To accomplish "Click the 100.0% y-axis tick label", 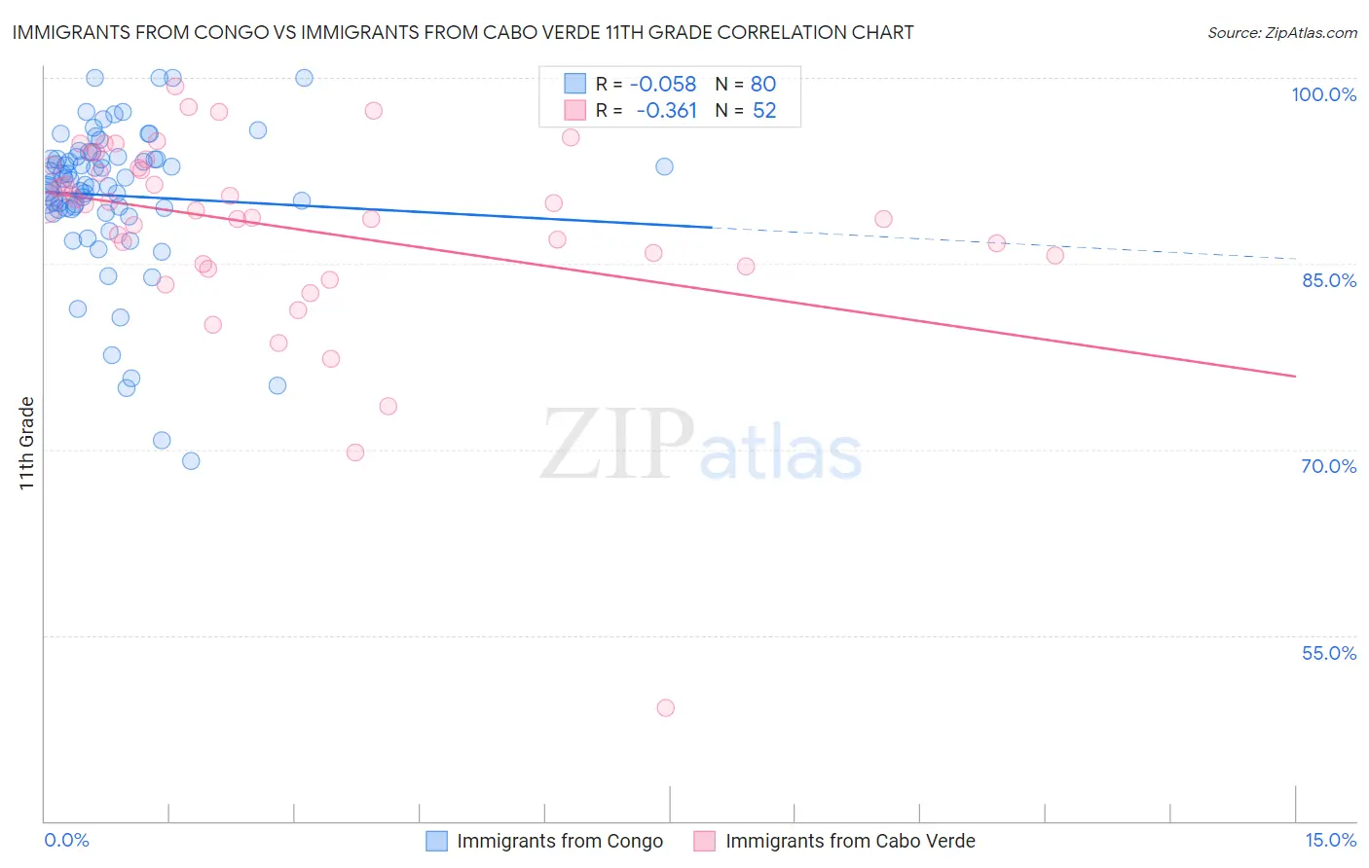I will coord(1323,94).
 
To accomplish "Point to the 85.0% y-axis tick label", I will coord(1328,280).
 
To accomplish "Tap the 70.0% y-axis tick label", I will coord(1328,466).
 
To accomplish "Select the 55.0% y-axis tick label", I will coord(1328,653).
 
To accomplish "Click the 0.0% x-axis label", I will coord(66,840).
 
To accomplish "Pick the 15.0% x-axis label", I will coord(1330,840).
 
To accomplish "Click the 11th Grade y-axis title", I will coord(26,443).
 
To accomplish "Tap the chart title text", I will coord(462,32).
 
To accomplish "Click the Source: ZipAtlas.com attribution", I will coord(1281,32).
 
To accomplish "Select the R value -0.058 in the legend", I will coord(662,85).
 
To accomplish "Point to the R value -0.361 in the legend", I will coord(666,111).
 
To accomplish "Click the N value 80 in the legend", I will coord(763,85).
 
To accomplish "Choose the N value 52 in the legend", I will coord(764,111).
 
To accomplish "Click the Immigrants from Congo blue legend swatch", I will coord(437,841).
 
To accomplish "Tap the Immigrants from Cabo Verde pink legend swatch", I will coord(704,841).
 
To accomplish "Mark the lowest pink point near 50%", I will coord(666,707).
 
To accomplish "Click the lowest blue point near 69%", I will coord(191,460).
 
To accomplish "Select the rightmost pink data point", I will coord(1054,255).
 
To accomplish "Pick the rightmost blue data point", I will coord(664,166).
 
